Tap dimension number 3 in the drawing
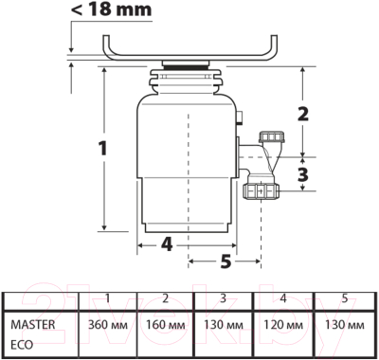pos(304,174)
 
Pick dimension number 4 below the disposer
pos(166,243)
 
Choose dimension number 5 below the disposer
pos(226,261)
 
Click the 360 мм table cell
pos(107,324)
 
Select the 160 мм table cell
pos(165,324)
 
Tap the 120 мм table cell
pos(281,324)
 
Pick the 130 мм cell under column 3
pos(223,324)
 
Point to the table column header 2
pos(165,298)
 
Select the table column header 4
pos(281,298)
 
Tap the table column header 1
pos(107,298)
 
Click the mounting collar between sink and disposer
pos(189,70)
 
